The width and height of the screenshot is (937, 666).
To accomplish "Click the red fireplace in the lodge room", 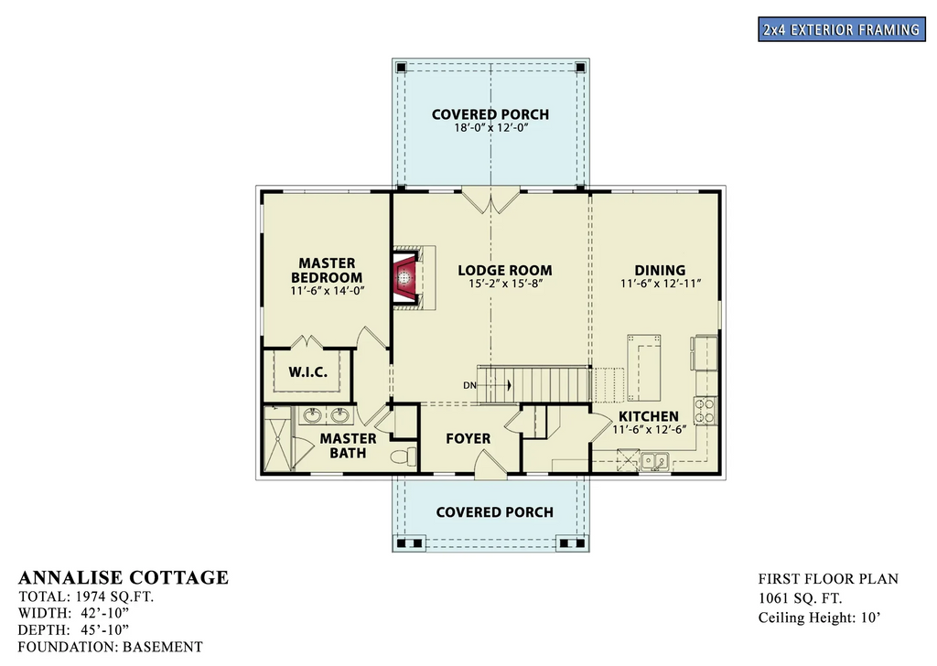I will pos(404,276).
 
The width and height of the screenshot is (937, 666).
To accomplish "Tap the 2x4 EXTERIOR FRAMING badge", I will pos(840,29).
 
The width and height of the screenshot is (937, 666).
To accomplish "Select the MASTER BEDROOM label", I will pos(327,271).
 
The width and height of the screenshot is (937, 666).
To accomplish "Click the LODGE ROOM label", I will pos(505,270).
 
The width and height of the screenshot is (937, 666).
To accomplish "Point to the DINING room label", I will pos(660,270).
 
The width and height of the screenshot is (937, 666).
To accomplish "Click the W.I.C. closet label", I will pos(307,372).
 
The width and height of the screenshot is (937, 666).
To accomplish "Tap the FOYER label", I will pos(468,438).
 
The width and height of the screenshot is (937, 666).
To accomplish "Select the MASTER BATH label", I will pos(348,446).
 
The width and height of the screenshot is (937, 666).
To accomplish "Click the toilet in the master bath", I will pos(401,456).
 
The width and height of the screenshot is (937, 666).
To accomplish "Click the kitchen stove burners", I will pos(705,410).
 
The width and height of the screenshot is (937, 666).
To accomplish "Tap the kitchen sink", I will pos(653,460).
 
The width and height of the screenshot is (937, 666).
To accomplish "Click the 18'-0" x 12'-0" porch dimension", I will pos(490,128).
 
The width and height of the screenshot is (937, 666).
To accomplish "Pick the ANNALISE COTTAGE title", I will pos(124,577).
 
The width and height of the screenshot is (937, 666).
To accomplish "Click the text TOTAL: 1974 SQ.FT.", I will pos(86,596).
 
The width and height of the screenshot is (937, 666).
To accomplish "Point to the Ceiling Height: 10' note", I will pos(819,618).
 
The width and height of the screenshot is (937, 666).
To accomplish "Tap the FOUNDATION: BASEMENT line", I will pos(110,647).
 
